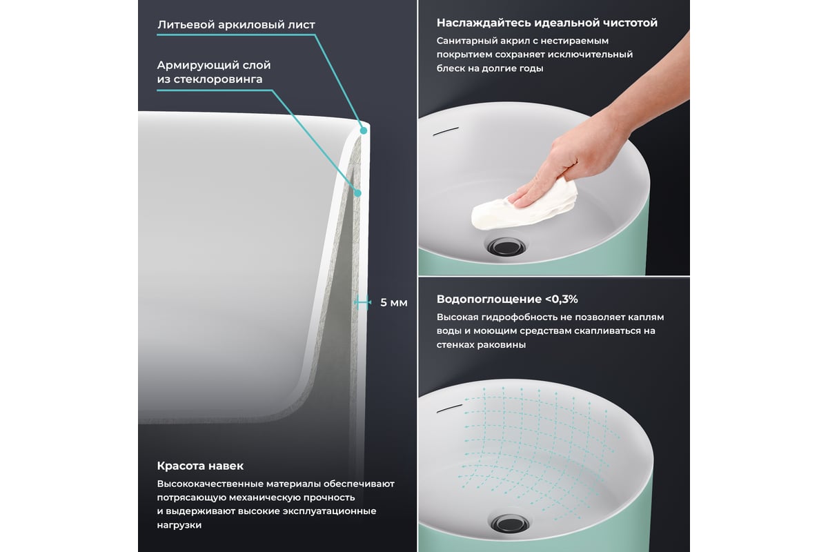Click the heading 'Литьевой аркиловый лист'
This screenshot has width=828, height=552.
236,25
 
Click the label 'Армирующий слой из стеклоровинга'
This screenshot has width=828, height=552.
214,72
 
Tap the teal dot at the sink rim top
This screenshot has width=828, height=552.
364,130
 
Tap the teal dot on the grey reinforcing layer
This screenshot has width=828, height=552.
357,193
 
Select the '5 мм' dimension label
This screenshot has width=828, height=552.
394,303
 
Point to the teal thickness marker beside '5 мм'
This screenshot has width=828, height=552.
362,302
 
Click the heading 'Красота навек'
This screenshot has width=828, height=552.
200,466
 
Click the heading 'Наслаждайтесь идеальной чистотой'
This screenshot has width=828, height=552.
547,23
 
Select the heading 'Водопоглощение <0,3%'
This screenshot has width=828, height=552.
507,299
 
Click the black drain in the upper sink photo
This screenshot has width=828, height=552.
506,247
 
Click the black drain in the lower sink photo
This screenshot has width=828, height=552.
510,524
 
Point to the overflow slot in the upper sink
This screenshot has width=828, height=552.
446,131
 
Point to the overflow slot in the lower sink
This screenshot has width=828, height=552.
449,408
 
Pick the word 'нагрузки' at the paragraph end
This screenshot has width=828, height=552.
179,525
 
